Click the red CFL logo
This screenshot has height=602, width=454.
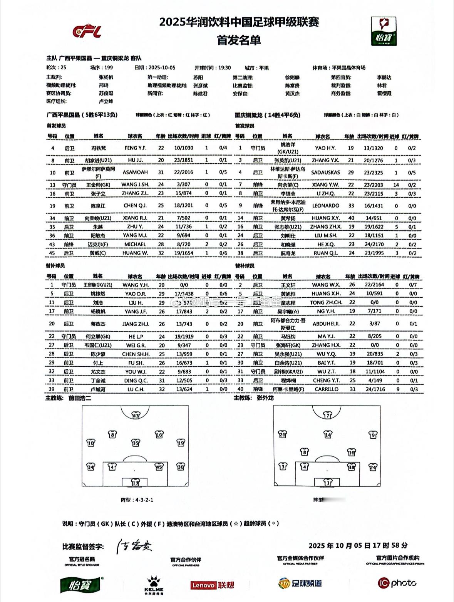click(x=87, y=32)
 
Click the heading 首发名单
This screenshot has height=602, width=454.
click(x=239, y=40)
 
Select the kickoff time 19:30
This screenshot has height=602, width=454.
click(x=224, y=68)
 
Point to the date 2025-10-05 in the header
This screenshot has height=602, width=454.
click(x=162, y=68)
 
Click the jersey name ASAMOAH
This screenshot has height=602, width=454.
click(x=135, y=172)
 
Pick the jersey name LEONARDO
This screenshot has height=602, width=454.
click(x=325, y=206)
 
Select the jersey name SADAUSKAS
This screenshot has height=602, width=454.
click(x=325, y=173)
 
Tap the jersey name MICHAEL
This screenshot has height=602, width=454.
click(x=135, y=244)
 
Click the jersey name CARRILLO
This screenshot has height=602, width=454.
click(x=326, y=389)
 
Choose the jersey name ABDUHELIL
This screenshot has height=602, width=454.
click(x=326, y=324)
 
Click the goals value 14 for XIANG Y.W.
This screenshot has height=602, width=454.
click(x=396, y=185)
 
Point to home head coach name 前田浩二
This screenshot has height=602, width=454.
click(x=80, y=398)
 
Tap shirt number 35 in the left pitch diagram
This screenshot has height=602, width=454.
click(x=136, y=443)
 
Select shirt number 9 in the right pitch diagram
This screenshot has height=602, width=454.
click(x=373, y=435)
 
